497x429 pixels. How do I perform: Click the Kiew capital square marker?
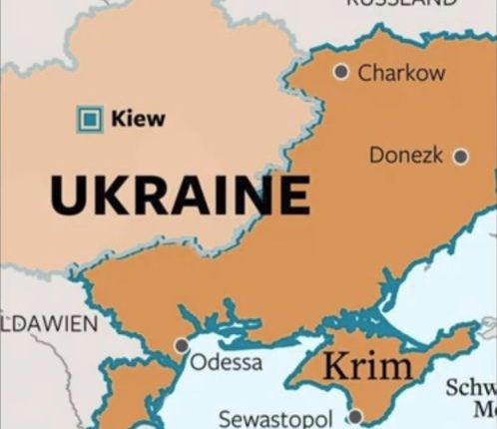click(x=91, y=120)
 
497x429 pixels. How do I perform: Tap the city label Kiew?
click(x=138, y=120)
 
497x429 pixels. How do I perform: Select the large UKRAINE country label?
click(x=180, y=195)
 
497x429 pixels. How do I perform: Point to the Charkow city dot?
click(x=341, y=72)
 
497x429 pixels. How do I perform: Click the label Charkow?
click(x=401, y=73)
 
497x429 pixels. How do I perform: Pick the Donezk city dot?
click(x=460, y=156)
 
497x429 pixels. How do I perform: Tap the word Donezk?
click(x=407, y=156)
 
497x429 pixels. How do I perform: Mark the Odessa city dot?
click(x=182, y=345)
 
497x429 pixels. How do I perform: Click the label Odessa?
click(x=227, y=361)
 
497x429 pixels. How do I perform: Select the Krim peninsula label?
click(x=367, y=366)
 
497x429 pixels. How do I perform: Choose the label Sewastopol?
click(x=280, y=417)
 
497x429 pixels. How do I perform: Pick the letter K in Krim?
click(x=335, y=366)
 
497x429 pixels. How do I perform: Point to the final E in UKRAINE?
click(x=291, y=195)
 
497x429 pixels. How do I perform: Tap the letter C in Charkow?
click(x=365, y=73)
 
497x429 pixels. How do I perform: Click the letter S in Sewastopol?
click(x=226, y=417)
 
